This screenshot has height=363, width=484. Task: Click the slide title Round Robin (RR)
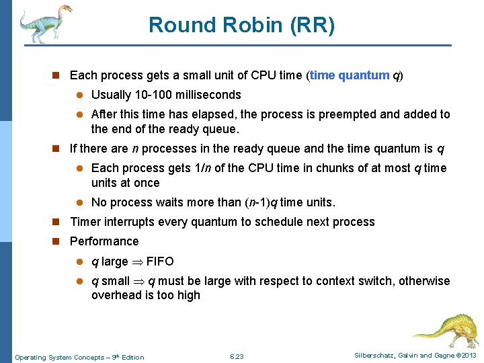click(x=241, y=25)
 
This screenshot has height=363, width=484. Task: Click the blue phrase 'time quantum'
click(x=350, y=75)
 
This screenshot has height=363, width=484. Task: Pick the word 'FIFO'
click(x=160, y=261)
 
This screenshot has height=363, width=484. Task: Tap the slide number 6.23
click(x=237, y=356)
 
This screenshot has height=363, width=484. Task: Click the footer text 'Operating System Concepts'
click(x=60, y=357)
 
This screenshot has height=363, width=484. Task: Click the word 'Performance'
click(x=104, y=241)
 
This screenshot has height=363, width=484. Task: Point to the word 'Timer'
click(x=85, y=222)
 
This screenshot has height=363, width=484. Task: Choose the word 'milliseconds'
click(x=207, y=95)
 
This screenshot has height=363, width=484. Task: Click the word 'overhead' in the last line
click(x=116, y=295)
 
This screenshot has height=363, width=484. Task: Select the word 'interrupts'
click(x=132, y=222)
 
